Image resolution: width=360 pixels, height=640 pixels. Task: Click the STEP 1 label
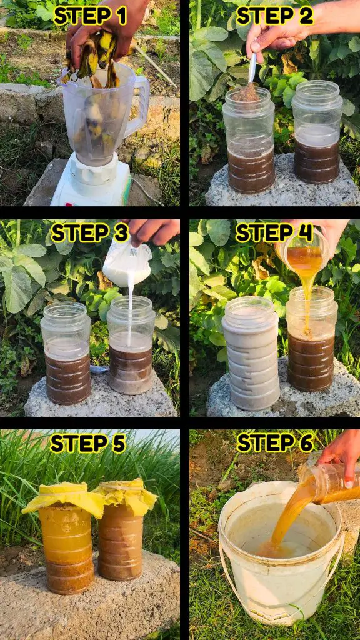(x=91, y=16)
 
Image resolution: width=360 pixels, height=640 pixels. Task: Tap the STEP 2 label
(x=275, y=16)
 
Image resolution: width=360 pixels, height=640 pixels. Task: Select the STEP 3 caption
(x=90, y=234)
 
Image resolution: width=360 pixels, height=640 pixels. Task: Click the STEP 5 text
(x=87, y=443)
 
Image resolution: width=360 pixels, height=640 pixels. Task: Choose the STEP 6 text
(x=275, y=443)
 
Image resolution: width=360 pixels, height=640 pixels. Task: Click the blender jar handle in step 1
(x=139, y=106)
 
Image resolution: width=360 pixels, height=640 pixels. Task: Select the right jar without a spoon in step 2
(x=317, y=132)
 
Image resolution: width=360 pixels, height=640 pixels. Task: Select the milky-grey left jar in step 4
(x=251, y=354)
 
